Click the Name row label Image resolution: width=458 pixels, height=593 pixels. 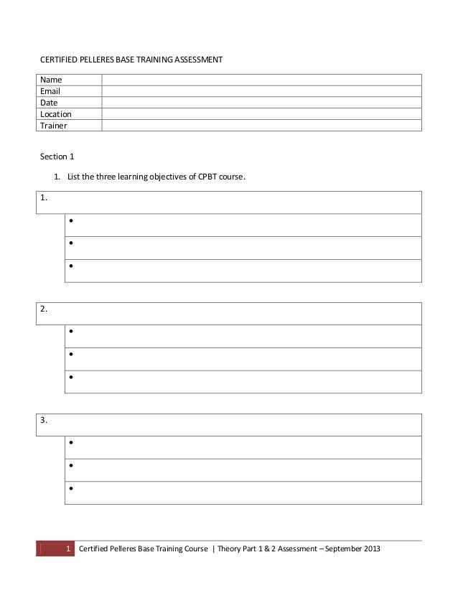pos(50,80)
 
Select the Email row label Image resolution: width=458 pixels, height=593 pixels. pos(50,91)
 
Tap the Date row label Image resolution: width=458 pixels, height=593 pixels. pos(49,103)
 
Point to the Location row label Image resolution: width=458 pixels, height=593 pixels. pos(56,114)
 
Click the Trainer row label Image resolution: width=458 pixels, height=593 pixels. pos(53,126)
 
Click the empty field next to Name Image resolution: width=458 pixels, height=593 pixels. pos(261,80)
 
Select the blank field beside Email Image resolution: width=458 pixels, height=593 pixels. pos(261,91)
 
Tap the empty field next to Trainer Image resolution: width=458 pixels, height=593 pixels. pos(261,126)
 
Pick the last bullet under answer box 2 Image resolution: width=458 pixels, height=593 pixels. pos(72,377)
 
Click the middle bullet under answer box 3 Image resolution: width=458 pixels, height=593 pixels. pos(72,467)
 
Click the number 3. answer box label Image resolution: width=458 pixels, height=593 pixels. pos(45,421)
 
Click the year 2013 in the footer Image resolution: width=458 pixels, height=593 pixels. pos(371,550)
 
